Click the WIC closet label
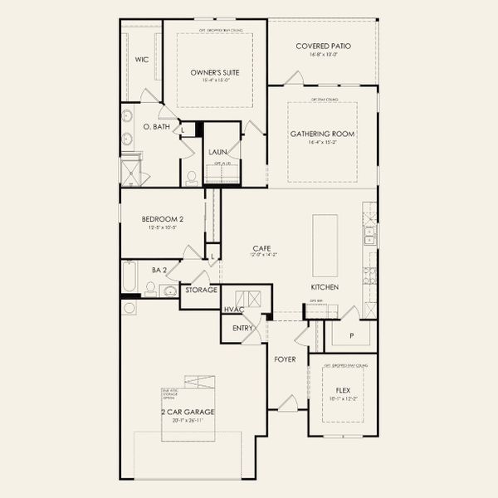point(141,60)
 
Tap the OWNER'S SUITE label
point(215,73)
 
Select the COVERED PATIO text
point(323,46)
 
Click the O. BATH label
point(156,127)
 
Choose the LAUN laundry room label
point(218,152)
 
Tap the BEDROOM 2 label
point(162,219)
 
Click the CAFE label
point(263,247)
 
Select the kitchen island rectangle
point(325,246)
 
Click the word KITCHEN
point(325,286)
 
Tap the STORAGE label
point(202,290)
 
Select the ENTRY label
point(242,329)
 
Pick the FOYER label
point(286,359)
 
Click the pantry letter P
point(350,335)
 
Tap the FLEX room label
point(342,389)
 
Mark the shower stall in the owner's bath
point(131,172)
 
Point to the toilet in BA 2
point(151,288)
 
